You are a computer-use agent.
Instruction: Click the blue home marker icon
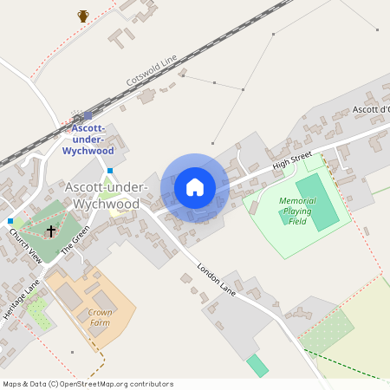pyautogui.click(x=195, y=187)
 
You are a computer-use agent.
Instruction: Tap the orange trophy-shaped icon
pyautogui.click(x=83, y=16)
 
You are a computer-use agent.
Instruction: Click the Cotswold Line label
pyautogui.click(x=151, y=69)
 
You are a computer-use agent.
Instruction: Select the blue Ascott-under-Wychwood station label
pyautogui.click(x=88, y=139)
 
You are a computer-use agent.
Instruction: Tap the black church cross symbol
pyautogui.click(x=51, y=231)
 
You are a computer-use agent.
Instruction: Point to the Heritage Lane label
pyautogui.click(x=21, y=299)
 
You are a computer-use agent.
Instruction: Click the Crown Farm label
pyautogui.click(x=101, y=317)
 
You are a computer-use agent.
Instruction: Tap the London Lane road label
pyautogui.click(x=217, y=280)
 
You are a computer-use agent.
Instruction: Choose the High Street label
pyautogui.click(x=291, y=159)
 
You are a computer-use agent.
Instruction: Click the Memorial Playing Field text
pyautogui.click(x=296, y=211)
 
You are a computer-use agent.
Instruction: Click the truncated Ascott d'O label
pyautogui.click(x=370, y=110)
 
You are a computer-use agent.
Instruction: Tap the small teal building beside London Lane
pyautogui.click(x=257, y=365)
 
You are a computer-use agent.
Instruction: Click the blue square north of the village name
pyautogui.click(x=109, y=171)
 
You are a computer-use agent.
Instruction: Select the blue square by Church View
pyautogui.click(x=10, y=222)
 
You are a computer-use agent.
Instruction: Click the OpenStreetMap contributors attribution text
pyautogui.click(x=88, y=384)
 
